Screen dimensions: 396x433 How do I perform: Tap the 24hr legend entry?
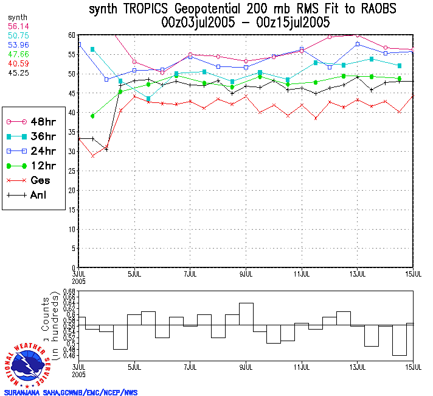[33, 151]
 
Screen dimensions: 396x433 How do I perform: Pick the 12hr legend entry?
[33, 166]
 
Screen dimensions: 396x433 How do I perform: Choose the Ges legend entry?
[33, 180]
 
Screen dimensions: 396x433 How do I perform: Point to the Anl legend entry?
[33, 195]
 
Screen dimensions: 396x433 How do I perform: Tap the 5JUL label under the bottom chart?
[134, 367]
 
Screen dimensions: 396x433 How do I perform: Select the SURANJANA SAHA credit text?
[71, 392]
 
